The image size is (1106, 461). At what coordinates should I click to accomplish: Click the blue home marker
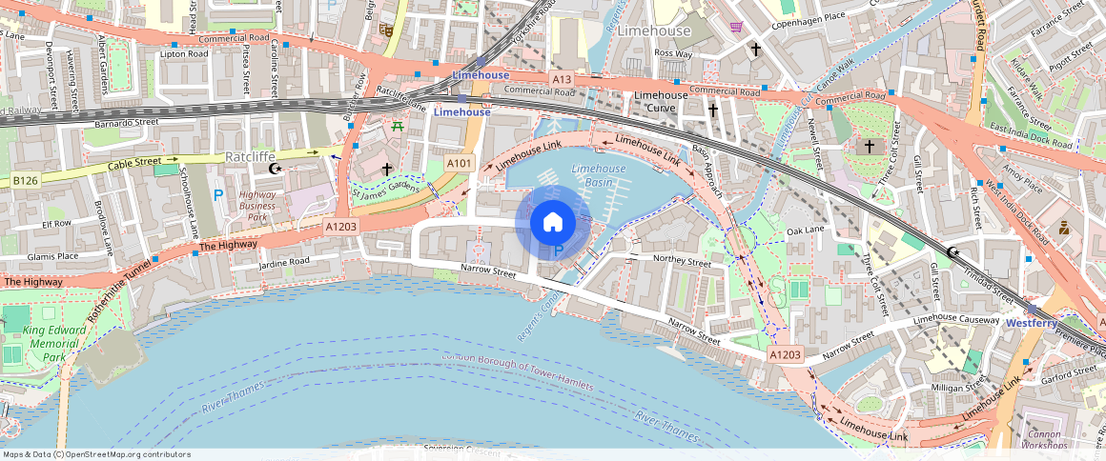point(552,222)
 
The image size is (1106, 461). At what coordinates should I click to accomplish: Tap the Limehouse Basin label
point(599,175)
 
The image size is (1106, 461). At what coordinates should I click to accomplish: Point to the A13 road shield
point(562,78)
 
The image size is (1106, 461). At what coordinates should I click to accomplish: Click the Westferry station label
point(1032,324)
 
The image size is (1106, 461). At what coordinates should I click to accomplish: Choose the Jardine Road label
point(284,261)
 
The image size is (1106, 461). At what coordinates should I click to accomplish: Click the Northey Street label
point(683,260)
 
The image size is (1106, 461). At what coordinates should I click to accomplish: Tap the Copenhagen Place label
point(808,16)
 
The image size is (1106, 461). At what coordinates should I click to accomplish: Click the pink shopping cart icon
point(735,27)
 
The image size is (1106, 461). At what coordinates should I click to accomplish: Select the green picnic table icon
point(398,125)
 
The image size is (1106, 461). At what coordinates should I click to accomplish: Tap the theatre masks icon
point(386,30)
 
